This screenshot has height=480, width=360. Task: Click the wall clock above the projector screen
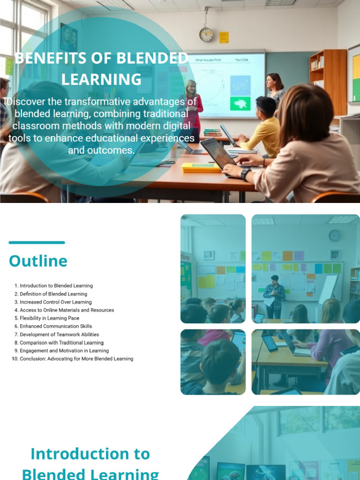tap(206, 34)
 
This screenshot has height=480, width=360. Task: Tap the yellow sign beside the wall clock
tap(224, 37)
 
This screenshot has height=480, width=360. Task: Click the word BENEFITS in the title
tap(44, 59)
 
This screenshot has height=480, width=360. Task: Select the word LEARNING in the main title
tap(101, 79)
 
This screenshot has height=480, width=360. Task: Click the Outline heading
tap(38, 261)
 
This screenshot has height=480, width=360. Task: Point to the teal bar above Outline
tap(37, 242)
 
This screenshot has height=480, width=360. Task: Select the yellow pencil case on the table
tap(201, 167)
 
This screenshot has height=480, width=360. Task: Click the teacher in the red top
tap(192, 105)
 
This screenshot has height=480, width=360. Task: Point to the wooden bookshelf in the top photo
tap(328, 80)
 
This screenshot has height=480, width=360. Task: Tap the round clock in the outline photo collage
tap(334, 236)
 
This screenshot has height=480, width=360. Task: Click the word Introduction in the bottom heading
tap(90, 454)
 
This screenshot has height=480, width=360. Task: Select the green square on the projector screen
tap(240, 104)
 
